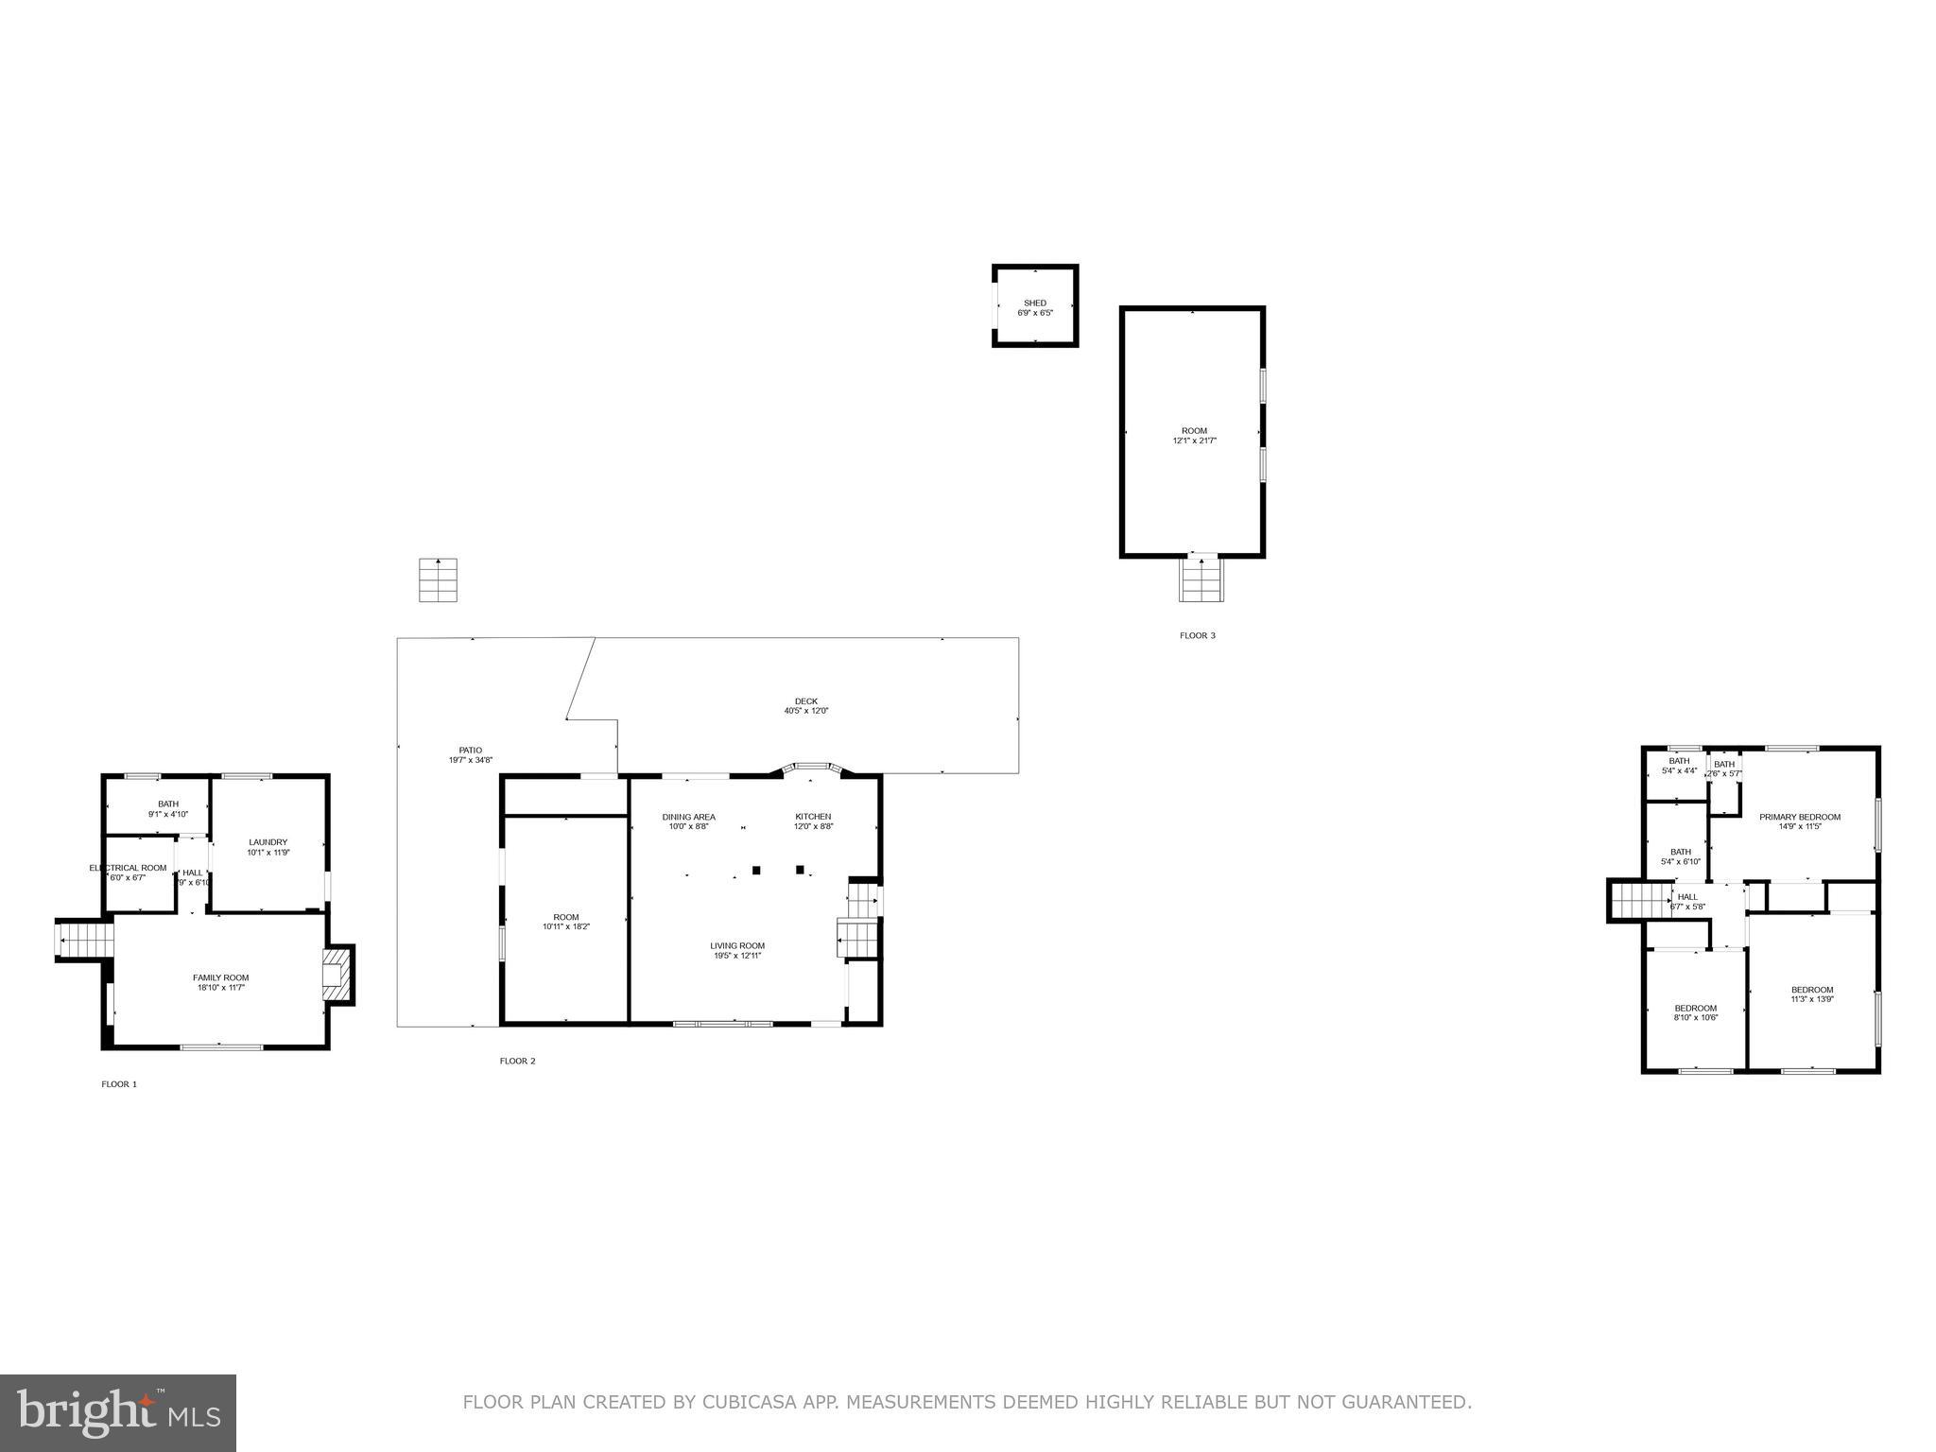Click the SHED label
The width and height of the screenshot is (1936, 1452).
click(1034, 303)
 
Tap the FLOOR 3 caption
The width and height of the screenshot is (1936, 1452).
click(1197, 635)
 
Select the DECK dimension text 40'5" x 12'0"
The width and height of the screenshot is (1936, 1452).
click(805, 711)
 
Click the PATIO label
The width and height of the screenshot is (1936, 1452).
click(470, 751)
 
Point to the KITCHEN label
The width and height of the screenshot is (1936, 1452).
click(813, 817)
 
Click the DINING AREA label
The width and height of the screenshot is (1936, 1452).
click(688, 817)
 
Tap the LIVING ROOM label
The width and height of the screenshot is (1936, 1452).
click(737, 945)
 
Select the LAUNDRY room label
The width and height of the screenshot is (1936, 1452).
click(268, 842)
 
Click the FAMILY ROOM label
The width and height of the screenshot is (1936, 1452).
click(221, 977)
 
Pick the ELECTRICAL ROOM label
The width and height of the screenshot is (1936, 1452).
click(129, 868)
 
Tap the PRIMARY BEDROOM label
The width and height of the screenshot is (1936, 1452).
click(1799, 817)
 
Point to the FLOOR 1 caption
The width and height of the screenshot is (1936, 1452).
click(119, 1084)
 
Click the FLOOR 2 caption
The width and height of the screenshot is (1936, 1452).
click(517, 1061)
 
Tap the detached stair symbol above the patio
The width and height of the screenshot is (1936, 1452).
click(438, 579)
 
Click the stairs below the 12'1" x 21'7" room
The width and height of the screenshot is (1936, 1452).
click(1201, 579)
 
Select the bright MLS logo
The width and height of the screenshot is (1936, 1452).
click(118, 1412)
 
